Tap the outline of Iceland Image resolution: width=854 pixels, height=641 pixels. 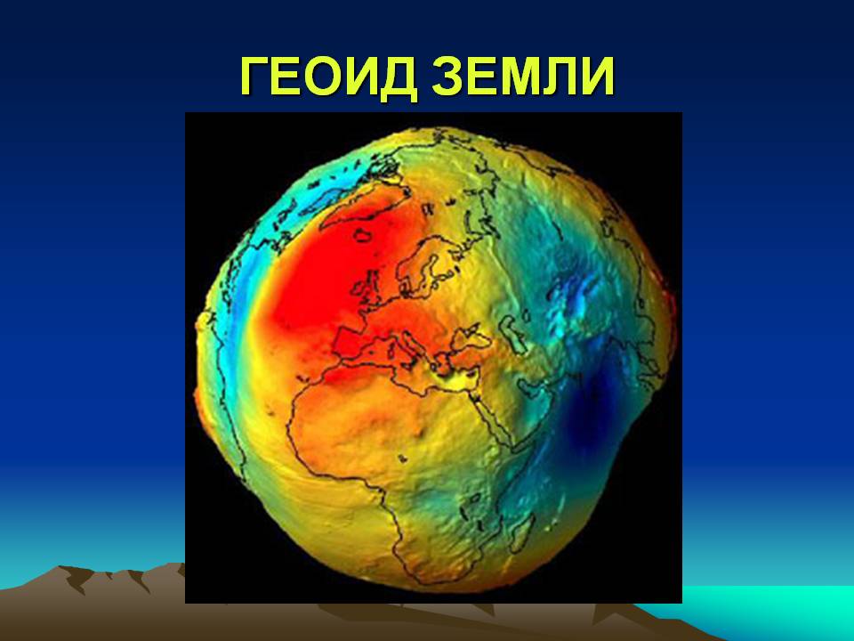click(365, 234)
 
